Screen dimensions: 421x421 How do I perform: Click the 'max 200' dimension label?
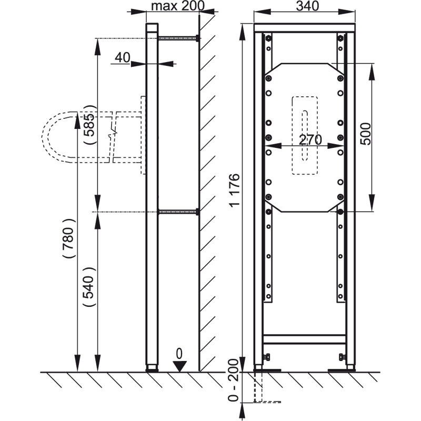click(x=177, y=6)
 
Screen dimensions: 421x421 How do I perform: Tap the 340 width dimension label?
click(x=307, y=6)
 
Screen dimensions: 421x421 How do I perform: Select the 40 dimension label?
click(x=123, y=57)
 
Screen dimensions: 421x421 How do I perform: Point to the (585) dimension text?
click(x=89, y=125)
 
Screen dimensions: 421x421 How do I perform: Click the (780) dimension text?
click(x=68, y=239)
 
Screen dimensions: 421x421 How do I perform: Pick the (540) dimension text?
click(x=89, y=287)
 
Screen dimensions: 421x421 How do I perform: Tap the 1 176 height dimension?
click(x=234, y=190)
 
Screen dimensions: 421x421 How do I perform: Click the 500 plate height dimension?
click(x=365, y=134)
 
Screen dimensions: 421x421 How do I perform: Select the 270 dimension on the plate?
click(x=310, y=139)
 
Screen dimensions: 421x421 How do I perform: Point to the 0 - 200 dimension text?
click(x=233, y=380)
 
